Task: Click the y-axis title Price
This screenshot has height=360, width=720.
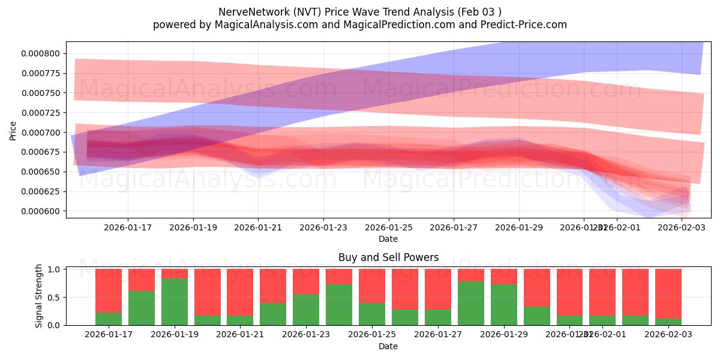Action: [x=13, y=130]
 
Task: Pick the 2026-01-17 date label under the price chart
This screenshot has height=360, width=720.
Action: [x=128, y=228]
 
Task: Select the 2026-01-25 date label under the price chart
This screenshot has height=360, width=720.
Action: [x=388, y=228]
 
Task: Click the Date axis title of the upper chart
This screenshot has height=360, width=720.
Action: [x=388, y=239]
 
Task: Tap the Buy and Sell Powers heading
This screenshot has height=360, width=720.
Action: [x=388, y=257]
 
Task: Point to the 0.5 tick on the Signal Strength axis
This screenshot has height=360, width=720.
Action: [x=53, y=298]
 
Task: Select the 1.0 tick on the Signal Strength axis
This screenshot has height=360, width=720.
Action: [x=53, y=269]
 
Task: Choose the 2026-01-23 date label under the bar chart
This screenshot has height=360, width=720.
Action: [x=306, y=335]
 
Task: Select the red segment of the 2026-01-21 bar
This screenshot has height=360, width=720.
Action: [x=240, y=292]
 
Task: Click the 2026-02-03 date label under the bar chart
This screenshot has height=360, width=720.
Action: [x=668, y=335]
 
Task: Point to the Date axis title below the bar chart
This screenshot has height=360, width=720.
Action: [x=388, y=346]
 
